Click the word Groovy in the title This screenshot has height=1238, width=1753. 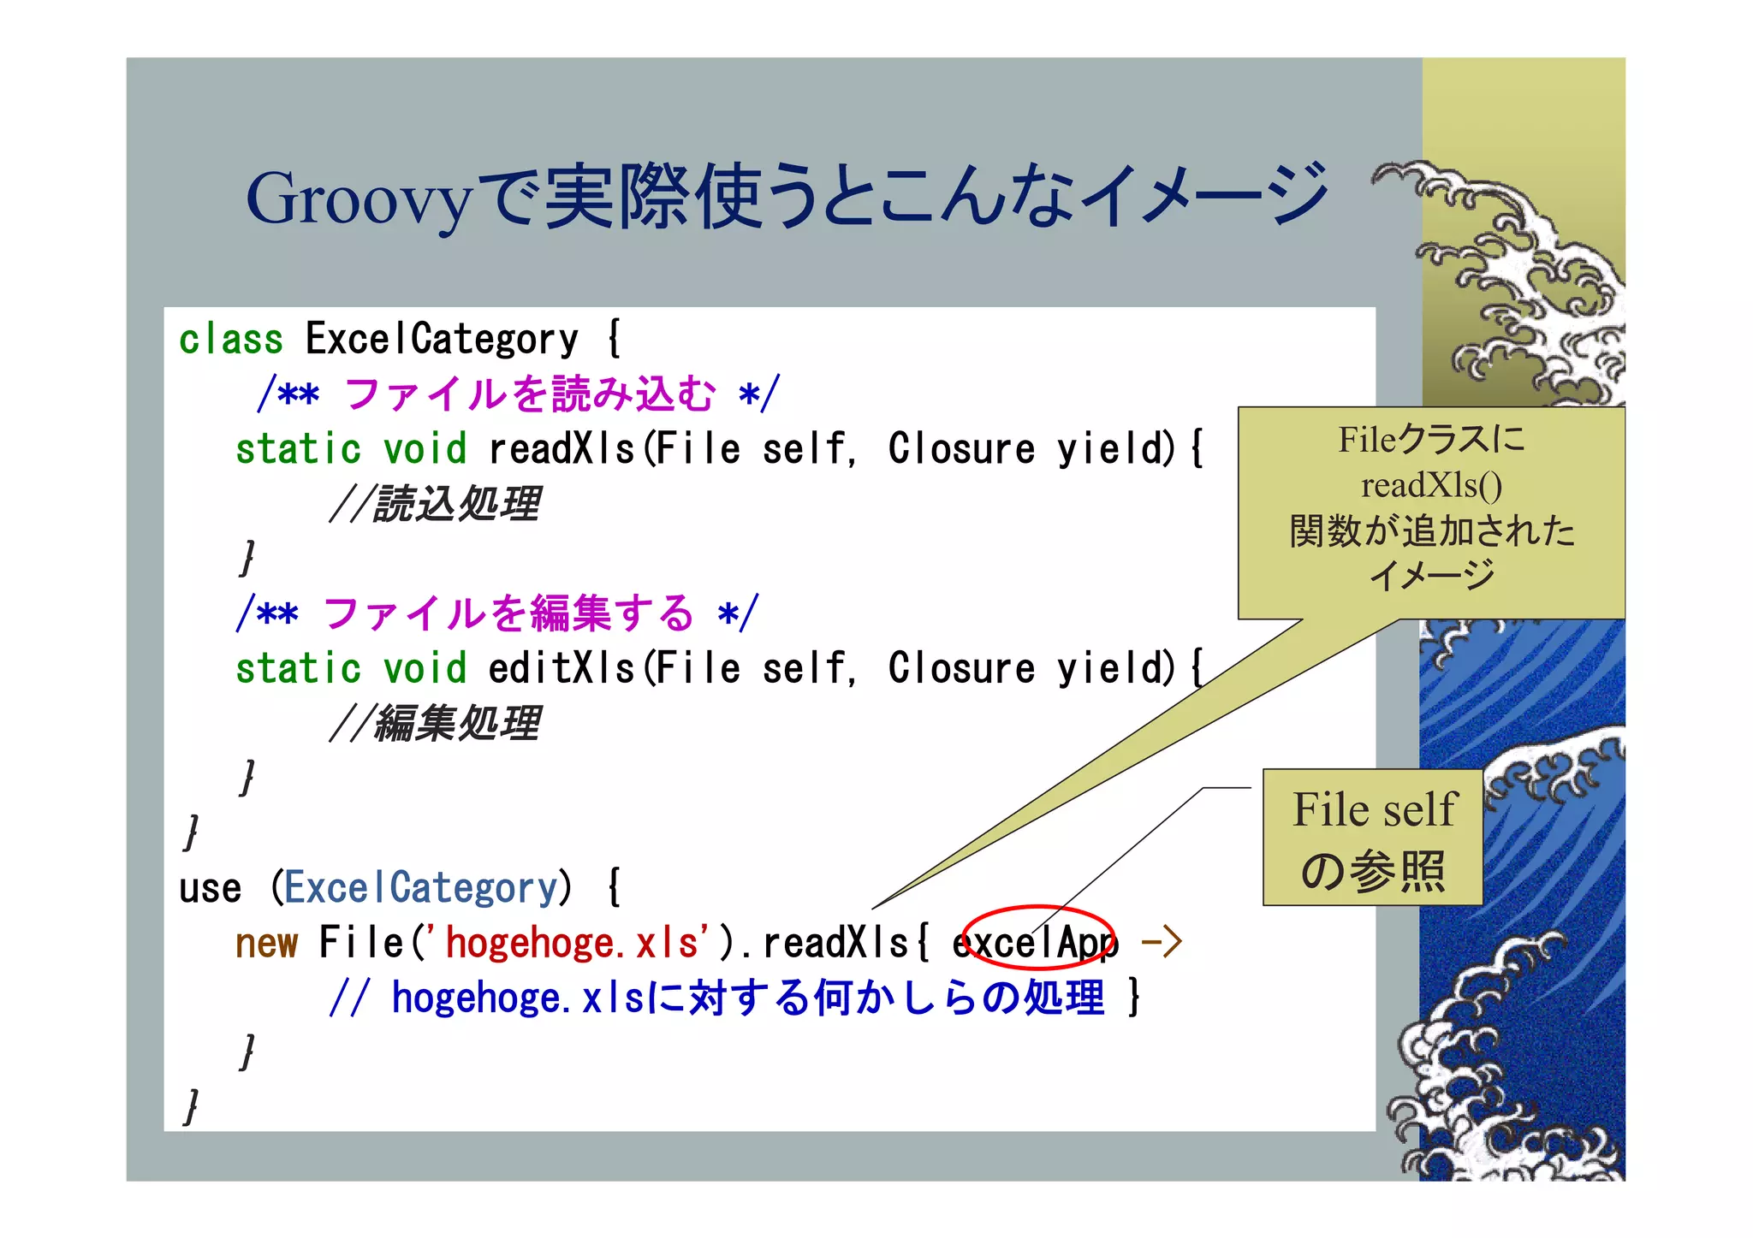[358, 198]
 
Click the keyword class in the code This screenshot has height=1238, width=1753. [230, 340]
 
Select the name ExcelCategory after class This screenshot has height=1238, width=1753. [442, 340]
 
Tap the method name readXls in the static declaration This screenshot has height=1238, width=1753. [561, 449]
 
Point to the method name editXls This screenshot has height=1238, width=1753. [561, 668]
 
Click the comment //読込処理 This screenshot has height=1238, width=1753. [435, 504]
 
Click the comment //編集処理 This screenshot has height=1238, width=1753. [435, 724]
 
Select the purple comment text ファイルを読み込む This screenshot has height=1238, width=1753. [530, 394]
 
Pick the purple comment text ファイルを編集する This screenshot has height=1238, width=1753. [508, 614]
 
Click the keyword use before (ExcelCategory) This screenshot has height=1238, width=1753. [210, 888]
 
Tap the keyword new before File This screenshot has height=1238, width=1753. [266, 943]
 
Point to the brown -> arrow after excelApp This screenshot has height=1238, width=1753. [1162, 943]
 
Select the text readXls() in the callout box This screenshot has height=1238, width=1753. [1431, 485]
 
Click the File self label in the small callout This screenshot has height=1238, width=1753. [1373, 809]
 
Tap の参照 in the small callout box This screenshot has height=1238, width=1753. [1373, 871]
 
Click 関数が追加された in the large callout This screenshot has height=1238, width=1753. [1431, 530]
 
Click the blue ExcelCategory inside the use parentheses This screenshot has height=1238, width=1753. [420, 888]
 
